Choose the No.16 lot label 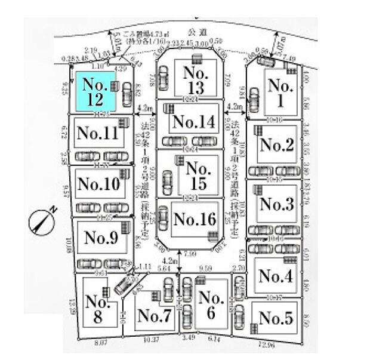click(194, 219)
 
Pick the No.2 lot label click(277, 144)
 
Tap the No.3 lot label click(277, 204)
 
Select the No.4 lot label click(276, 276)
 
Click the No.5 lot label click(276, 319)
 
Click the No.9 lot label click(101, 238)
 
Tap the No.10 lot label click(98, 184)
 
